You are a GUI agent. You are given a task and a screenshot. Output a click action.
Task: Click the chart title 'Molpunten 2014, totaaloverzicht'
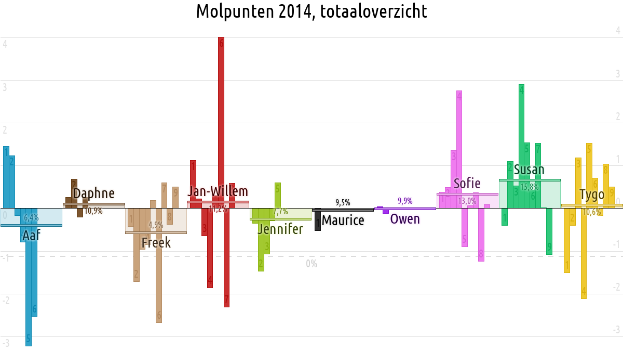click(x=311, y=11)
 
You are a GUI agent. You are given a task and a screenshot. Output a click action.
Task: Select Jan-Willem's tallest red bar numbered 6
click(x=221, y=120)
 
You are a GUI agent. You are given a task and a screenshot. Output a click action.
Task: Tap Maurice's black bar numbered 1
click(x=318, y=220)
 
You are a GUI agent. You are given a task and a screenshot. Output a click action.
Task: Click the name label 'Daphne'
click(x=93, y=193)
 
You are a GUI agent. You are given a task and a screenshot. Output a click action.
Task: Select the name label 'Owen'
click(x=405, y=219)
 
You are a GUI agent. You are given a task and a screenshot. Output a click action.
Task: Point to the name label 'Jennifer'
click(x=280, y=229)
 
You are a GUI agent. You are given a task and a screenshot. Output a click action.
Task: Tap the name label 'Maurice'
click(x=343, y=220)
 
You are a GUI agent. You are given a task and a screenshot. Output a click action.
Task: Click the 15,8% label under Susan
click(x=530, y=187)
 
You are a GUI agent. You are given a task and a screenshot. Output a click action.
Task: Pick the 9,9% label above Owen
click(x=405, y=201)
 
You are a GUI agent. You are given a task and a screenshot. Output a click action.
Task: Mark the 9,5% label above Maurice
click(x=343, y=202)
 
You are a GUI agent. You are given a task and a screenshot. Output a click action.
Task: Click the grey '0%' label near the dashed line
click(x=311, y=264)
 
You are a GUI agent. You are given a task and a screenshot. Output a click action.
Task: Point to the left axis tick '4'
click(x=5, y=44)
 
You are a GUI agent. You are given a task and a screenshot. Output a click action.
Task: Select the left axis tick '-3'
click(x=6, y=343)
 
